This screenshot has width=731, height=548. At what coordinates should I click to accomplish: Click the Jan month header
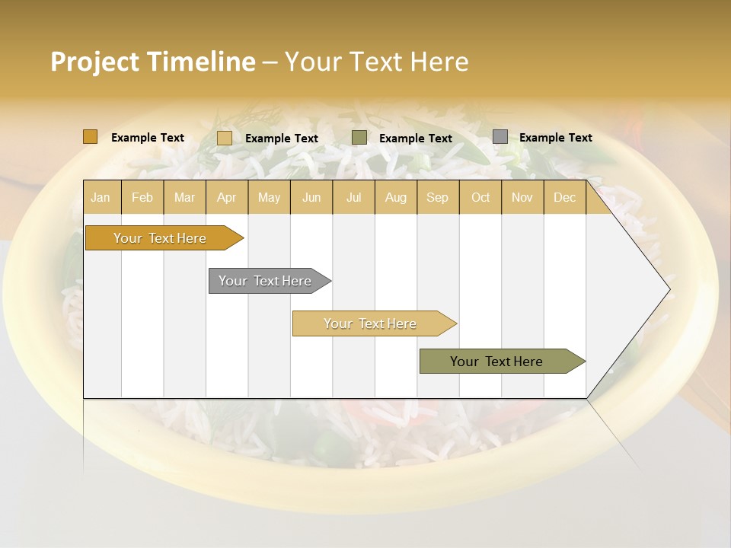101,197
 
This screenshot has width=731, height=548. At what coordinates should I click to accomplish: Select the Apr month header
226,197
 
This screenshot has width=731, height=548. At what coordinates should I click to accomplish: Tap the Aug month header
395,197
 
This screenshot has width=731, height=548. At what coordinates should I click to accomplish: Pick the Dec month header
564,197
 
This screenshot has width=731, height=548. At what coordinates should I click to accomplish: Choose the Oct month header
480,197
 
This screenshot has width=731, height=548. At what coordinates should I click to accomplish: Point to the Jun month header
311,197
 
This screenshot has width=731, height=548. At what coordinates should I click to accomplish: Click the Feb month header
142,197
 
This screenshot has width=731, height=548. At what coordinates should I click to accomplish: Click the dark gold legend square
91,137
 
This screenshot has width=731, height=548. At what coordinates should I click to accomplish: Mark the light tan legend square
225,138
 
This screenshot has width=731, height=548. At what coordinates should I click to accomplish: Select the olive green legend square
359,138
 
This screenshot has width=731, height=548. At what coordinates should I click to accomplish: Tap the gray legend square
500,137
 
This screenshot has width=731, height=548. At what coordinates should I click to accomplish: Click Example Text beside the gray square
555,138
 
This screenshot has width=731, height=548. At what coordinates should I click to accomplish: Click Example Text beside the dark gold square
148,138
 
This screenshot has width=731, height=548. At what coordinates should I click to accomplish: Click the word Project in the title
94,62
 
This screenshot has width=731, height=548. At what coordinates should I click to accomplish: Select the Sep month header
437,197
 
